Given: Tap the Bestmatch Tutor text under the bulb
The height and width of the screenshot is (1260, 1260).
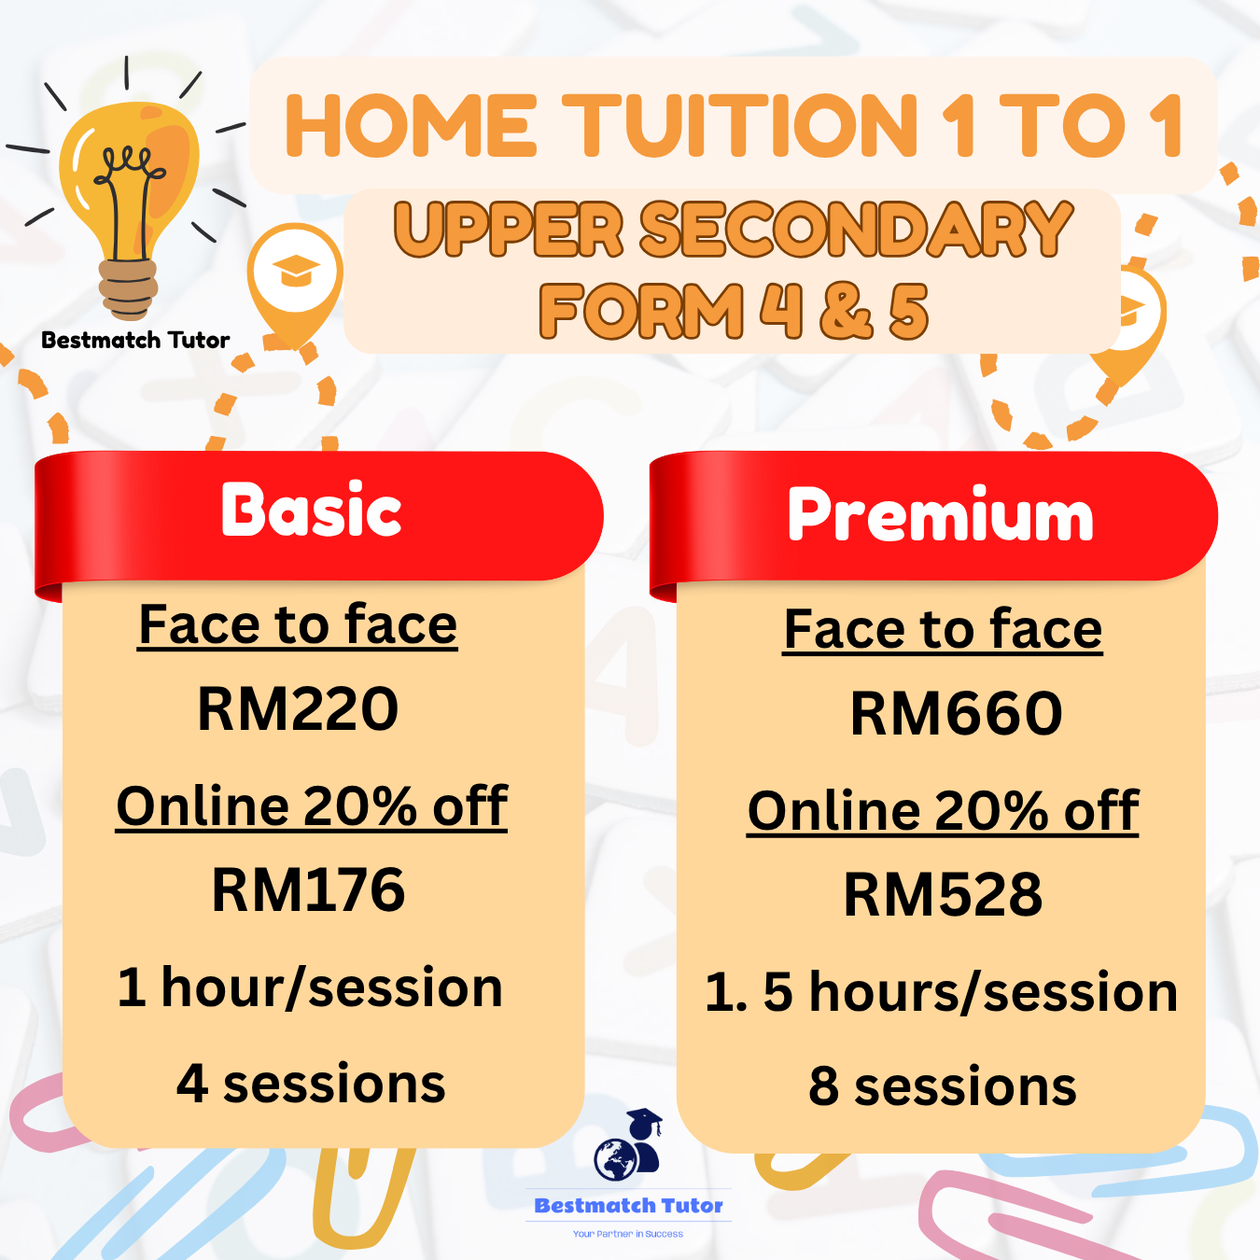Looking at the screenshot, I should pyautogui.click(x=135, y=340).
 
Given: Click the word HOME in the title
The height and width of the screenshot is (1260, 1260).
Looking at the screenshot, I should pyautogui.click(x=411, y=126).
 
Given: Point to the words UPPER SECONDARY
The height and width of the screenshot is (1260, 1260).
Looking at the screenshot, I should pyautogui.click(x=734, y=230).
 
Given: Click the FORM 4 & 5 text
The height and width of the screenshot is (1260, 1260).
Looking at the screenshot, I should pyautogui.click(x=734, y=311).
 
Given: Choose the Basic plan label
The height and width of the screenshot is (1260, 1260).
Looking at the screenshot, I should pyautogui.click(x=312, y=511).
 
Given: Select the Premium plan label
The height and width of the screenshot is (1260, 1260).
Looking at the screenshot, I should pyautogui.click(x=940, y=514).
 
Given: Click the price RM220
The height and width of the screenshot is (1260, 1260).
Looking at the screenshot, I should pyautogui.click(x=298, y=708).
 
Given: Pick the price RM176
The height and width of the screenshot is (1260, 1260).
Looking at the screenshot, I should pyautogui.click(x=308, y=889).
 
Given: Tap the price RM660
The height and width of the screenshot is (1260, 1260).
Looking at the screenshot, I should pyautogui.click(x=956, y=714).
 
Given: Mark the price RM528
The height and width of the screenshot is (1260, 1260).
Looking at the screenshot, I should pyautogui.click(x=943, y=894).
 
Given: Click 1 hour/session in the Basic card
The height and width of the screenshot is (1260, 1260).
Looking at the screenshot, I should pyautogui.click(x=310, y=987).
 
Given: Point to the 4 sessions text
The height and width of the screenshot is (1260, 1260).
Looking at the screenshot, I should pyautogui.click(x=311, y=1084).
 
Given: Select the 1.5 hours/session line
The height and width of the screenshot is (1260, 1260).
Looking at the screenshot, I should pyautogui.click(x=941, y=991).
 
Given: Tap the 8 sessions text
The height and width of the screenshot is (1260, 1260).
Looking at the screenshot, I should pyautogui.click(x=943, y=1086).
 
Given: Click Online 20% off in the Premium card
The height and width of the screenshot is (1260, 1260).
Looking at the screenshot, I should pyautogui.click(x=943, y=810).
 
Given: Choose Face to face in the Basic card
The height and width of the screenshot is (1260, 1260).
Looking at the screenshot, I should pyautogui.click(x=298, y=624).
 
